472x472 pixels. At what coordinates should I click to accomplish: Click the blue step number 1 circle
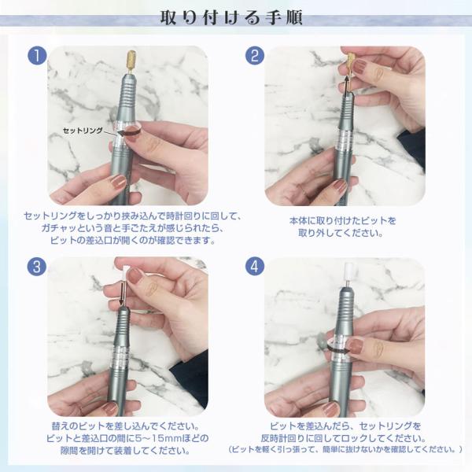tap(37, 55)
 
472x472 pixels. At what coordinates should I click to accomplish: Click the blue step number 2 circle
tap(255, 55)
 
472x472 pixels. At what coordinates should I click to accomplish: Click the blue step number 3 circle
tap(37, 267)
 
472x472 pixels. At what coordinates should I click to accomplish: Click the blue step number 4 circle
tap(255, 267)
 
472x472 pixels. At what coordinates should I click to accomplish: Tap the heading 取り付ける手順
tap(231, 17)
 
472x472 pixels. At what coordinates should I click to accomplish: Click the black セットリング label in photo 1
tap(83, 131)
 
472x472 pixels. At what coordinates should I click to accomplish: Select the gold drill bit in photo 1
tap(131, 61)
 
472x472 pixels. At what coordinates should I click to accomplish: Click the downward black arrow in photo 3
tap(121, 291)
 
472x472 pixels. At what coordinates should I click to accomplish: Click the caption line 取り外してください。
tap(341, 234)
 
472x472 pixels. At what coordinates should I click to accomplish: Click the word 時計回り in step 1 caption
tap(180, 216)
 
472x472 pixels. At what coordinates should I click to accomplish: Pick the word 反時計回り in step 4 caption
tap(279, 438)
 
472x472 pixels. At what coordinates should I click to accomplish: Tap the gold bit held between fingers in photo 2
tap(351, 64)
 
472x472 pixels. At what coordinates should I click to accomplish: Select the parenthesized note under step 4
tap(345, 450)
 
